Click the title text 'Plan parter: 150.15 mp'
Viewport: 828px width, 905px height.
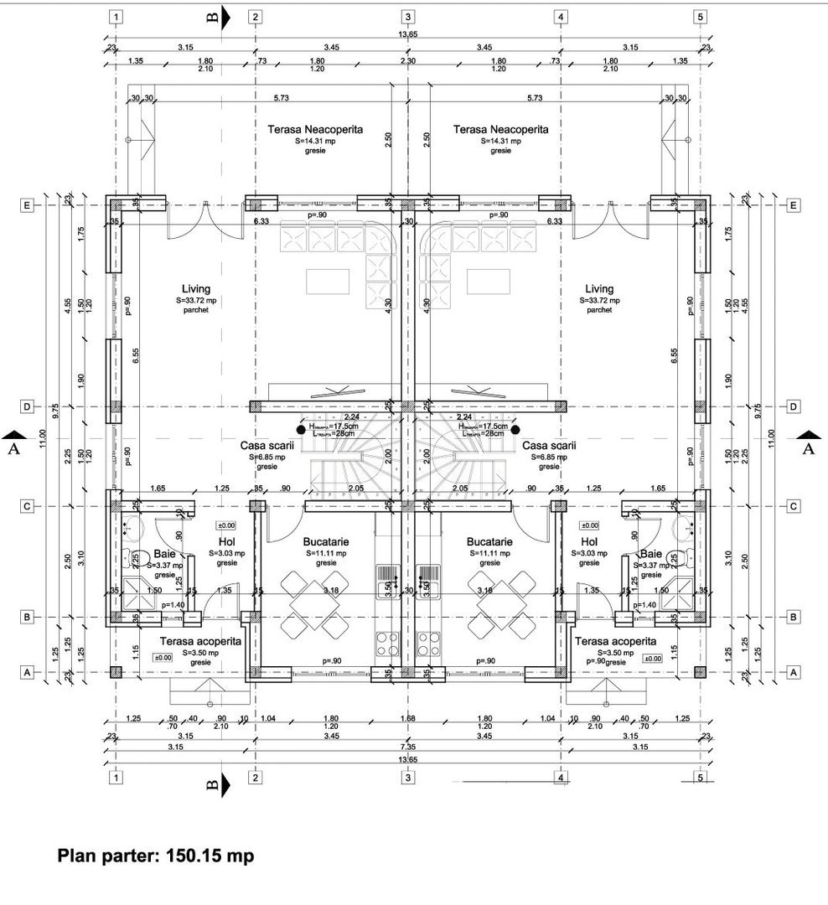pyautogui.click(x=155, y=856)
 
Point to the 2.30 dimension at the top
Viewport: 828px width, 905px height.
pyautogui.click(x=407, y=61)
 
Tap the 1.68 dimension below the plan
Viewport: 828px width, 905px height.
pyautogui.click(x=407, y=718)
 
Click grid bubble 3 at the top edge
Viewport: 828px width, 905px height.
pyautogui.click(x=407, y=17)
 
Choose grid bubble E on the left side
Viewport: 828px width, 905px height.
pyautogui.click(x=28, y=205)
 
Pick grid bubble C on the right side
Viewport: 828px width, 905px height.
pyautogui.click(x=793, y=506)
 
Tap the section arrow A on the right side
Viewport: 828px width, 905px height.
pyautogui.click(x=808, y=435)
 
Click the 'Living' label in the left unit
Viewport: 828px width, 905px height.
pyautogui.click(x=196, y=289)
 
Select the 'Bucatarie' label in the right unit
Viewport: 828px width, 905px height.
pyautogui.click(x=489, y=541)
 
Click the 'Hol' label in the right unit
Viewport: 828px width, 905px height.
pyautogui.click(x=589, y=541)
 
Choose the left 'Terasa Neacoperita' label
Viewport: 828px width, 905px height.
pyautogui.click(x=315, y=130)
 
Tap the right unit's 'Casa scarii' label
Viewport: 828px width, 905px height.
pyautogui.click(x=549, y=446)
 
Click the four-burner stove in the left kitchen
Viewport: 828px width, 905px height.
pyautogui.click(x=389, y=643)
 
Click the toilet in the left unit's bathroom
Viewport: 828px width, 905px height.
pyautogui.click(x=130, y=555)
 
